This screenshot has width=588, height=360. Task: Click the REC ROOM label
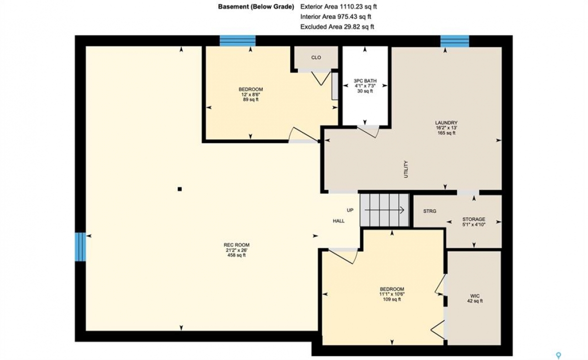pyautogui.click(x=237, y=245)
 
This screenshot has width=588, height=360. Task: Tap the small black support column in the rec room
pyautogui.click(x=180, y=189)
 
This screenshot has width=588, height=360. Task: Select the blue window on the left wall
pyautogui.click(x=80, y=246)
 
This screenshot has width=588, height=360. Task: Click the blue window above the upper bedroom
pyautogui.click(x=237, y=40)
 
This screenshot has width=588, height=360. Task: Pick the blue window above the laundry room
pyautogui.click(x=454, y=40)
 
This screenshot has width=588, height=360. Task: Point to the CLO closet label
pyautogui.click(x=316, y=57)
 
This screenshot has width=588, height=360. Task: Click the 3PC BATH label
pyautogui.click(x=365, y=81)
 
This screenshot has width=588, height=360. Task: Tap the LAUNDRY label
pyautogui.click(x=446, y=122)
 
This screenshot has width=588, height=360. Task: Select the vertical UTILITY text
pyautogui.click(x=406, y=169)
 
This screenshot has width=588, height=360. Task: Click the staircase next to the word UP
pyautogui.click(x=384, y=210)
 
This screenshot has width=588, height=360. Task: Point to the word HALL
pyautogui.click(x=339, y=221)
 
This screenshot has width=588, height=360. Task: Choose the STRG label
pyautogui.click(x=430, y=211)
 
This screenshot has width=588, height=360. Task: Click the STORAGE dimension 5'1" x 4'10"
pyautogui.click(x=473, y=225)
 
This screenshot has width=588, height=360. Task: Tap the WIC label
pyautogui.click(x=475, y=296)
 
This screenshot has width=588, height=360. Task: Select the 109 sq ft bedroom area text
pyautogui.click(x=392, y=299)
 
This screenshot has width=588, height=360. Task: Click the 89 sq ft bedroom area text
pyautogui.click(x=251, y=99)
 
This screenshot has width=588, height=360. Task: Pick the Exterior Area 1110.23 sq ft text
pyautogui.click(x=339, y=6)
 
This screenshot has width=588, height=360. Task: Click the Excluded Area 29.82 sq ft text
pyautogui.click(x=337, y=26)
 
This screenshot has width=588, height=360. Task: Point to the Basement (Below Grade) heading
pyautogui.click(x=256, y=6)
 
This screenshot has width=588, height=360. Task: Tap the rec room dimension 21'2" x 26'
pyautogui.click(x=237, y=250)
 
